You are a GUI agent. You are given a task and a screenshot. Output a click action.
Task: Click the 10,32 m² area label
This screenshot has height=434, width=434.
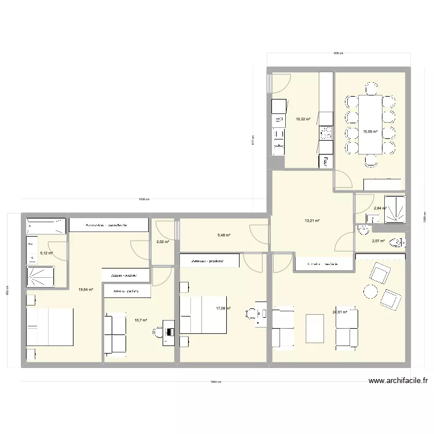point(303,119)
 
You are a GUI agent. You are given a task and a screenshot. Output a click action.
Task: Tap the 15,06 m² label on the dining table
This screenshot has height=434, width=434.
point(370,131)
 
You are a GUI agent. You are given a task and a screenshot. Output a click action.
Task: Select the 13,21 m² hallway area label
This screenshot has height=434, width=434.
point(312,220)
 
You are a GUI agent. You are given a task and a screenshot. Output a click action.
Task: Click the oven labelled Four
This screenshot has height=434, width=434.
point(327,161)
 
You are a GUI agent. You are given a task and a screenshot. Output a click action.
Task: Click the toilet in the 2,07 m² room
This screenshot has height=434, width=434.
point(397,241)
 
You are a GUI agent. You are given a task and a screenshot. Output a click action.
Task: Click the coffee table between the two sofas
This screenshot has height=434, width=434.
point(315,329)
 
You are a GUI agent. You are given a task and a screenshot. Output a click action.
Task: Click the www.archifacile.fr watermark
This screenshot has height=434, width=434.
point(399,381)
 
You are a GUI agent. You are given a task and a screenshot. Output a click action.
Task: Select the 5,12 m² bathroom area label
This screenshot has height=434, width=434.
point(46,253)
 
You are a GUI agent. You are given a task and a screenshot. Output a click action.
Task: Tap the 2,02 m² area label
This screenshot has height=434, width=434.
point(163,242)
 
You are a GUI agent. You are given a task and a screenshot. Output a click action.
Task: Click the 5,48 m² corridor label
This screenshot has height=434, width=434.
point(224,235)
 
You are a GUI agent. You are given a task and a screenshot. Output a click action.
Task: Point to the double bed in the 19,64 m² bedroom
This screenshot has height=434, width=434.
point(50,327)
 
